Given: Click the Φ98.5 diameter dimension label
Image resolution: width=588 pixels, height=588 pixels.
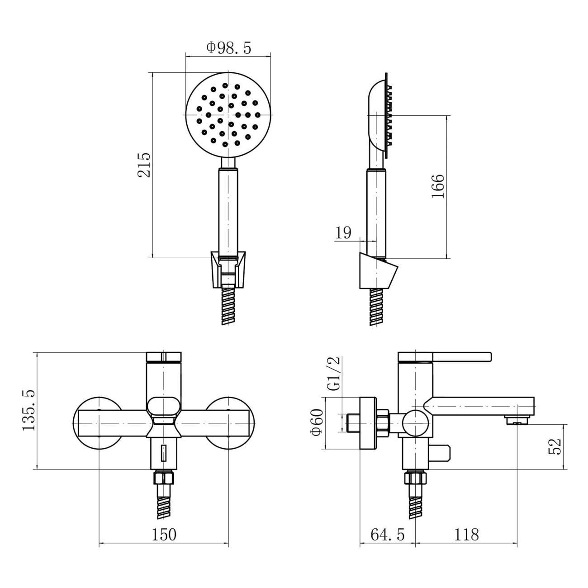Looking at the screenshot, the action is pos(228,48).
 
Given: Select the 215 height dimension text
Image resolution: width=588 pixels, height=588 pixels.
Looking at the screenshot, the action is pos(144,165).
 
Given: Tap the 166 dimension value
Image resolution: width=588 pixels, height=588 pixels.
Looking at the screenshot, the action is pos(438,186).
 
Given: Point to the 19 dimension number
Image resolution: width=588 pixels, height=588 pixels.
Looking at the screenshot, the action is pos(343,233).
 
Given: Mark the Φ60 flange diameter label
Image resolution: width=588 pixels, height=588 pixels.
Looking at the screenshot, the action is pos(318,422).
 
